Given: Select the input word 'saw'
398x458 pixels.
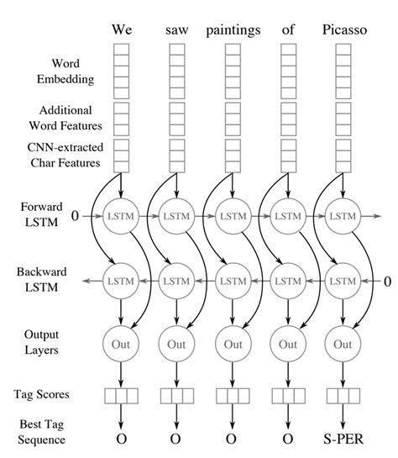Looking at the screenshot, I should pos(176,29).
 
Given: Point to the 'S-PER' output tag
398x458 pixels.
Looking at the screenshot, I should pos(343,439).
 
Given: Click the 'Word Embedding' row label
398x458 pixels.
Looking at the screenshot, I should pos(48,71).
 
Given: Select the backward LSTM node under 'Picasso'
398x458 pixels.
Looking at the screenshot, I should pos(343,281).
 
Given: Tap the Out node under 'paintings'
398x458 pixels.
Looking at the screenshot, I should pos(232,343).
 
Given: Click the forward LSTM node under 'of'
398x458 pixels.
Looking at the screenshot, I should pos(287,217).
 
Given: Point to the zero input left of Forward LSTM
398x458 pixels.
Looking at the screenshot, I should pos(74,217).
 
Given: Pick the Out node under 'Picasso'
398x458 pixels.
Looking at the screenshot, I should pos(343,343).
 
